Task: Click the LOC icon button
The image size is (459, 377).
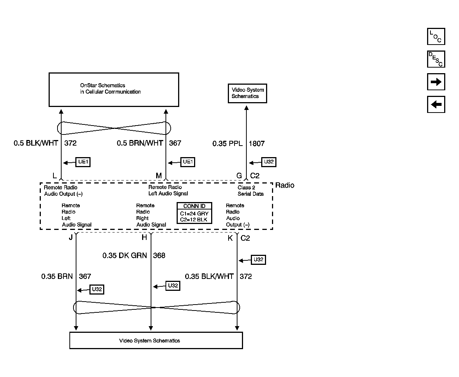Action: (x=436, y=36)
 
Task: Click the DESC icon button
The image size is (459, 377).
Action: (x=436, y=59)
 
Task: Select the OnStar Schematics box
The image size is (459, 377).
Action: (x=114, y=90)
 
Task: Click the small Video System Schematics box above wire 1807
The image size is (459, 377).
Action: (x=247, y=93)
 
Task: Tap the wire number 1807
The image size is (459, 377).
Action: (x=257, y=144)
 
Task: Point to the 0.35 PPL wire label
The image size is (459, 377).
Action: (x=227, y=144)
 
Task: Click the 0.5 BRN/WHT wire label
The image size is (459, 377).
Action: (x=140, y=143)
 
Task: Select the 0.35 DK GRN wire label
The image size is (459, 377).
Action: (x=125, y=256)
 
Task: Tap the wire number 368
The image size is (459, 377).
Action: (x=159, y=256)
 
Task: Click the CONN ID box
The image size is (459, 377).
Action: (x=194, y=213)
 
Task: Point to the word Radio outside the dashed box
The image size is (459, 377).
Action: (x=285, y=185)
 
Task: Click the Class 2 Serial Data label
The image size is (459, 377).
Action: (x=250, y=191)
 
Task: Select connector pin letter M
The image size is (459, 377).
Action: (x=159, y=175)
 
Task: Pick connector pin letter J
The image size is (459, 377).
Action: (x=71, y=237)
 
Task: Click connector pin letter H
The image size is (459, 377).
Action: (x=144, y=237)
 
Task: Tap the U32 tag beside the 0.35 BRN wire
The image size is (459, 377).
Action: (x=97, y=289)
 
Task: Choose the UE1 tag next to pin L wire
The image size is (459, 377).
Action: (x=83, y=162)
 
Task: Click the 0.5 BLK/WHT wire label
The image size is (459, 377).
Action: (x=36, y=143)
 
